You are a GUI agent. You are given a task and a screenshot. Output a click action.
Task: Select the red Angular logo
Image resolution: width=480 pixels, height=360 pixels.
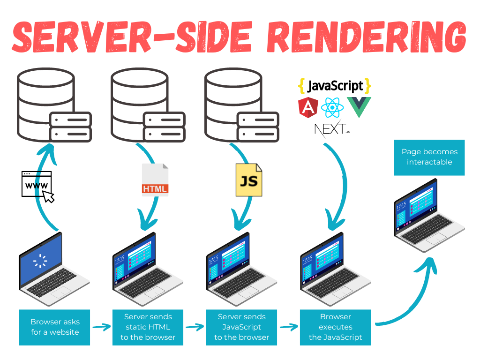(307, 107)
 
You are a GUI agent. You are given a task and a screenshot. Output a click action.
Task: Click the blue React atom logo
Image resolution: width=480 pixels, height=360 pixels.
(333, 108)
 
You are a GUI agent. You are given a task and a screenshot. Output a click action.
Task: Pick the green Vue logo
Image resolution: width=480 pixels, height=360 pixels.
(359, 107)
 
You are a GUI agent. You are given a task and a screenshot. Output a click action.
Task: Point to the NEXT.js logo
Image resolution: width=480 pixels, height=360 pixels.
(332, 129)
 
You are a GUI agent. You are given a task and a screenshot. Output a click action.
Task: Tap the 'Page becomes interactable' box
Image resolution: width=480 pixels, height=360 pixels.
(429, 157)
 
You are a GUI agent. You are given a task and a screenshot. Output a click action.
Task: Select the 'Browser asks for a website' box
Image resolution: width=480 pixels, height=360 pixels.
(55, 327)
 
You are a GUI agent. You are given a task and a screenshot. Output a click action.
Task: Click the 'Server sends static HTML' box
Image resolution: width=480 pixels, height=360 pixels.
(148, 327)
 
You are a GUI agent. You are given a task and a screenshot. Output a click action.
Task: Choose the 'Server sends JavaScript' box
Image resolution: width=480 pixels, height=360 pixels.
(241, 327)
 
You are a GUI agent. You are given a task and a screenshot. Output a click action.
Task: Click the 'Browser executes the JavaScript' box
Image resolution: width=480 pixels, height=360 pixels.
(335, 327)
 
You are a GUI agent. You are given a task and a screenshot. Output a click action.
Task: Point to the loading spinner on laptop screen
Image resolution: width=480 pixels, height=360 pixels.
(40, 261)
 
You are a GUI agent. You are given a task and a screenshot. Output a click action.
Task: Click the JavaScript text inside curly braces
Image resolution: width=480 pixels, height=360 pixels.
(335, 86)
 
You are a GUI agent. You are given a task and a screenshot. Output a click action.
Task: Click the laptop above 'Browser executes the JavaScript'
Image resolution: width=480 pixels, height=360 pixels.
(335, 272)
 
